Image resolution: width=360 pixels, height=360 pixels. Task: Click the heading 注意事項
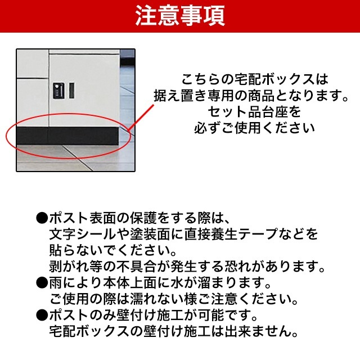pyautogui.click(x=180, y=16)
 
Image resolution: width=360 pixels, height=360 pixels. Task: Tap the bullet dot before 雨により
pyautogui.click(x=42, y=281)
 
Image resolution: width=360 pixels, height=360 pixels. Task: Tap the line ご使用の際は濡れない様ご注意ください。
pyautogui.click(x=172, y=296)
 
